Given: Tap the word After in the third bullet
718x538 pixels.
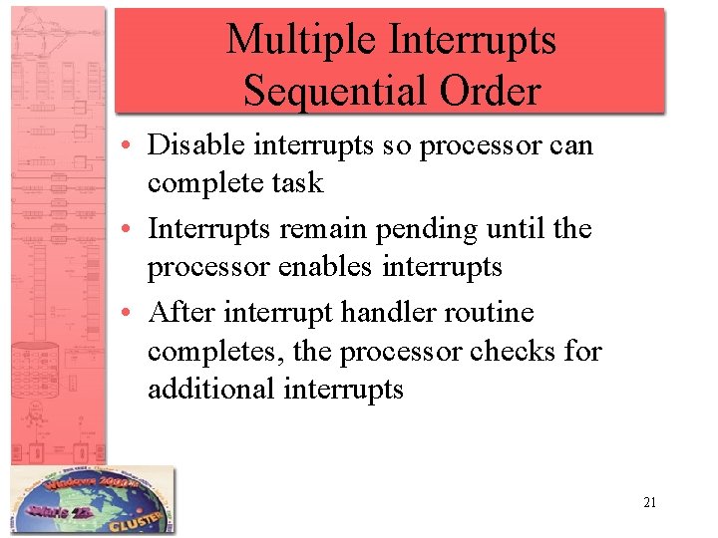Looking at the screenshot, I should pos(182,313).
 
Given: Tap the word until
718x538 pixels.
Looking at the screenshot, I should pos(531,229).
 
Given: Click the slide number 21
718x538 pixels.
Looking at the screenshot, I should pos(649,503).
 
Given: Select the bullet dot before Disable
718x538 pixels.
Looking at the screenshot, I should pos(131,146).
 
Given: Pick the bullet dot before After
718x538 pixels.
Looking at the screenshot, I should pos(131,314).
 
